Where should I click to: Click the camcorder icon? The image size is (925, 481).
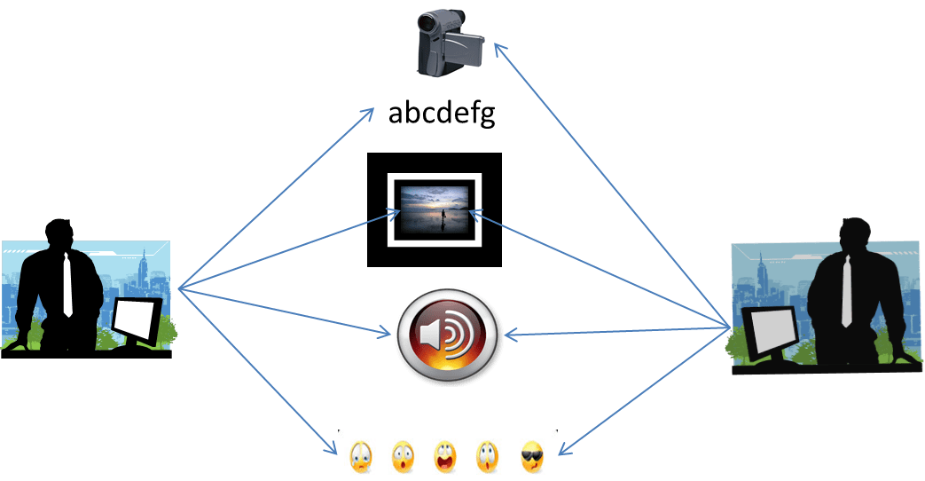pos(449,43)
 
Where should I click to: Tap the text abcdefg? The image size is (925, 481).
pos(441,114)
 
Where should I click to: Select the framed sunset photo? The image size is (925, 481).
pos(434,209)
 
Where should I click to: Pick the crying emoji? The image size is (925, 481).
pos(361,456)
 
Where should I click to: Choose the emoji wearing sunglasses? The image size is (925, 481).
pos(531,456)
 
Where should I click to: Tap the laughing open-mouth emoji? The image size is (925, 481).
pos(445,456)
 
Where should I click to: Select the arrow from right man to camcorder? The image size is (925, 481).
pos(612,186)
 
